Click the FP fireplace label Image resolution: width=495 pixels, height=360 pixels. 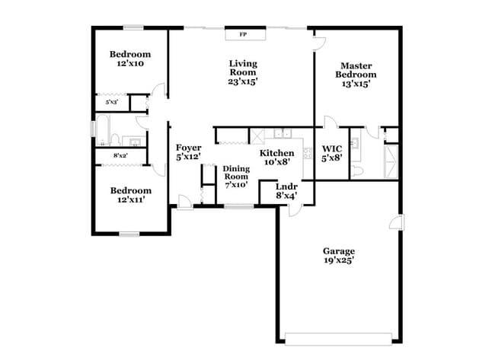tap(244, 35)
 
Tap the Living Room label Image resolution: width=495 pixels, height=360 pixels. tap(244, 73)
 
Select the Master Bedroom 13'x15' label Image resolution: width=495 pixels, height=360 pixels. tap(358, 75)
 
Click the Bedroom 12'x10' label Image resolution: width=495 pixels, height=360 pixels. tap(129, 59)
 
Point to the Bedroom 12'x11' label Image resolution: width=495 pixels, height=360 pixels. tap(129, 195)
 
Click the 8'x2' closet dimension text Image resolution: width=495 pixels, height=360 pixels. tap(120, 156)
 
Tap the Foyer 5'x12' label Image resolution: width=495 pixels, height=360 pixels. tap(188, 152)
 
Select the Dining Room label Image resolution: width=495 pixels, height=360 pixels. tap(236, 177)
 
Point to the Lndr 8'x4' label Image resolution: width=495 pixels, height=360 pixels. tap(286, 190)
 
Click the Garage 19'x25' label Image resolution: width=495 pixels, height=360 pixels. tap(338, 256)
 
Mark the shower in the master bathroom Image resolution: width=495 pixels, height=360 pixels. tap(390, 161)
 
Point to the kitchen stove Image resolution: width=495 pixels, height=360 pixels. tap(308, 153)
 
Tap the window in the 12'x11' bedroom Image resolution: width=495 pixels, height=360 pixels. tap(129, 234)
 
